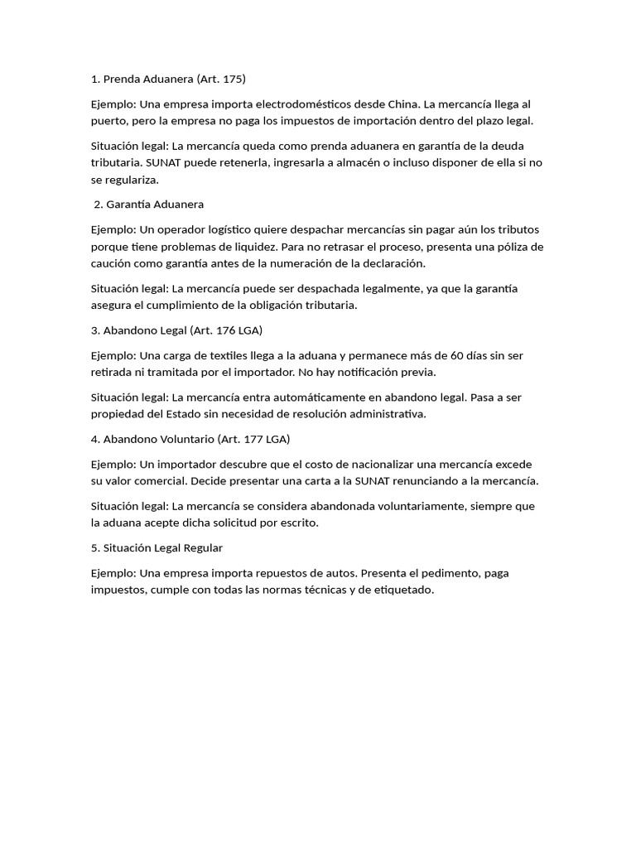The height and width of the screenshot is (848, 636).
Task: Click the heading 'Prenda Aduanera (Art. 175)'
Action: coord(168,79)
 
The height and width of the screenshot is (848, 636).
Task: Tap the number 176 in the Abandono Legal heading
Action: coord(224,330)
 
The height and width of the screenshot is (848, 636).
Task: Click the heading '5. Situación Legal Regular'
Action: coord(157,547)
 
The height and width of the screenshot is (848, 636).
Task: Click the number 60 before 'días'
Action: coord(459,355)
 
